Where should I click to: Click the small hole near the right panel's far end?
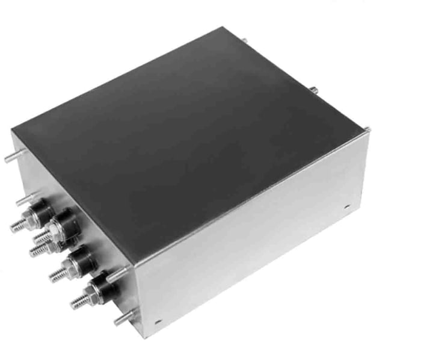(348, 207)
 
